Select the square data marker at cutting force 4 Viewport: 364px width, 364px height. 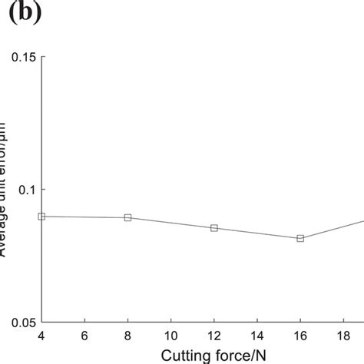click(x=41, y=217)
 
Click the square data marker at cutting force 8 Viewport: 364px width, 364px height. click(x=128, y=218)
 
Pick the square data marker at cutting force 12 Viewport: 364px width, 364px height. click(x=214, y=228)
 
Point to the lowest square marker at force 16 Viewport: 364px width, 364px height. click(x=300, y=239)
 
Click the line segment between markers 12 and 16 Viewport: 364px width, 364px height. click(x=257, y=233)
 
